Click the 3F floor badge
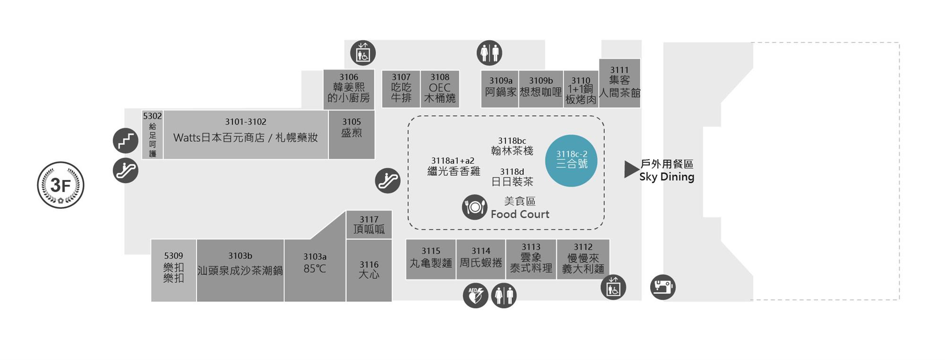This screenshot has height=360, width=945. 60,185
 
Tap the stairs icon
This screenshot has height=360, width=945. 125,140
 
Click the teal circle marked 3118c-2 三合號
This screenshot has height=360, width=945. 571,161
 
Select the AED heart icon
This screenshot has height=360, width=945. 475,296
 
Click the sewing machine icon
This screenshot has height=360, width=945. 662,287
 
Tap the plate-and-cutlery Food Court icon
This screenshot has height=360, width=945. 474,207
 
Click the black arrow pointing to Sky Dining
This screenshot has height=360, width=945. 630,169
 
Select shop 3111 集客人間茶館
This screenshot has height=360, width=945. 619,83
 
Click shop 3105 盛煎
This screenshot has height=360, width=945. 352,134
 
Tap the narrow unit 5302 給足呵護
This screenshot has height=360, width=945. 153,135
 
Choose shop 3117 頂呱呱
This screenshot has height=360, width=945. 369,225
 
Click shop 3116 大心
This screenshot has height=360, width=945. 369,270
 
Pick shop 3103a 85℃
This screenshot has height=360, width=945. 315,270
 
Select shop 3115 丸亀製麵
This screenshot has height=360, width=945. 431,259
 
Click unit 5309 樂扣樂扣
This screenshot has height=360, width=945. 173,270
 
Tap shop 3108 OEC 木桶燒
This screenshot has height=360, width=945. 439,89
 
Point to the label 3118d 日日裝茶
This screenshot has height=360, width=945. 512,177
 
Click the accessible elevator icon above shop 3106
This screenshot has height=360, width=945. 363,52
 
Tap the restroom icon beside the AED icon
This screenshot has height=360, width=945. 504,296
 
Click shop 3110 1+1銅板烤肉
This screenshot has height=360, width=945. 581,90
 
